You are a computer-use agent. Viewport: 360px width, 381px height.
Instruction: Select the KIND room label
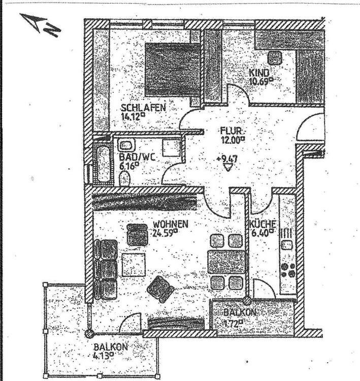pyautogui.click(x=258, y=73)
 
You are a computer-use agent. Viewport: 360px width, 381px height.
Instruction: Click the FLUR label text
pyautogui.click(x=231, y=129)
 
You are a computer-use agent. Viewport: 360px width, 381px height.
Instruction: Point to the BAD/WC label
pyautogui.click(x=137, y=157)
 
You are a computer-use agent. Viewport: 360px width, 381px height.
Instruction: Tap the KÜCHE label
pyautogui.click(x=263, y=225)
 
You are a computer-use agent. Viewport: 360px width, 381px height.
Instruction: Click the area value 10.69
pyautogui.click(x=261, y=80)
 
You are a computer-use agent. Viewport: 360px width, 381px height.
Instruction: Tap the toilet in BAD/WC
pyautogui.click(x=124, y=178)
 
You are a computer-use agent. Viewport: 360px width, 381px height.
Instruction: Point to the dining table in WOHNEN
pyautogui.click(x=226, y=262)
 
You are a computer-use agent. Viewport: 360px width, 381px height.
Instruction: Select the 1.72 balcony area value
pyautogui.click(x=233, y=322)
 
